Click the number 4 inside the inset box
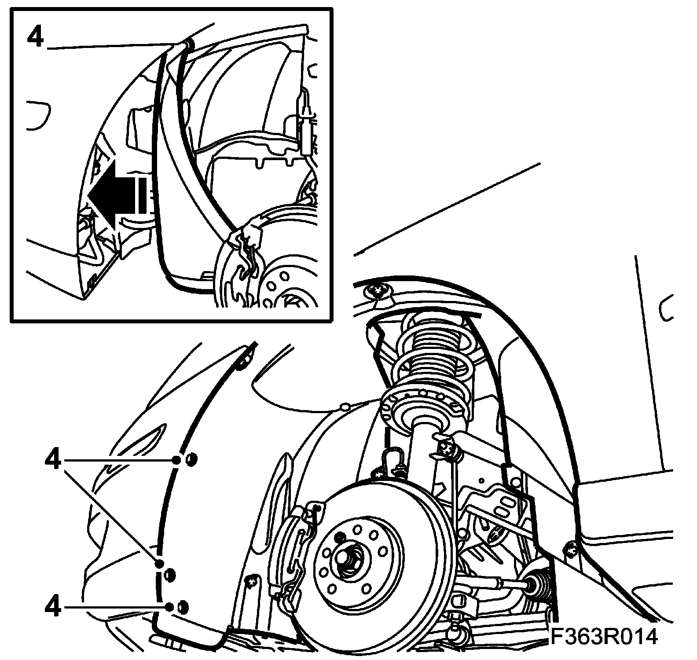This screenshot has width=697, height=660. click(36, 37)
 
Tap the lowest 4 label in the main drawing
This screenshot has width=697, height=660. click(52, 608)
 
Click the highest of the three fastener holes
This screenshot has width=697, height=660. click(191, 460)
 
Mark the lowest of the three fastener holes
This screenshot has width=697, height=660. click(182, 608)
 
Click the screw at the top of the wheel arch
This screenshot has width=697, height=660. click(377, 290)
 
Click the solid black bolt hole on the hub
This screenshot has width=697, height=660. click(339, 537)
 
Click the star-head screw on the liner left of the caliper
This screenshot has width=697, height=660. click(252, 582)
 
